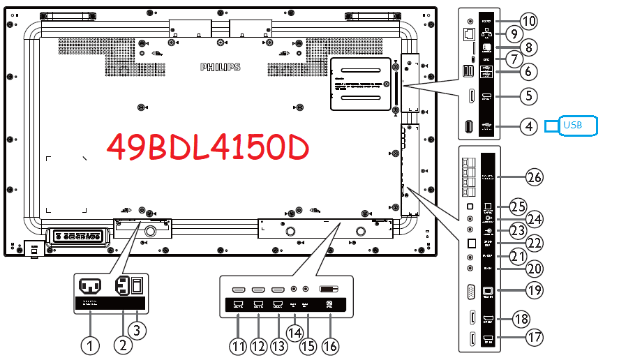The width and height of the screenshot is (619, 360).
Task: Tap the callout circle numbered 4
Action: (530, 126)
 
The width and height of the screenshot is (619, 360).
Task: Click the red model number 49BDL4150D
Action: (207, 147)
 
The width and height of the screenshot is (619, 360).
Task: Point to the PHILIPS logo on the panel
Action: (220, 68)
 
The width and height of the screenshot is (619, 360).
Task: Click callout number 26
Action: (534, 177)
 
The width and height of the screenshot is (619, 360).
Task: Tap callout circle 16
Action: (329, 345)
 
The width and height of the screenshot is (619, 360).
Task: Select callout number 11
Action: (239, 345)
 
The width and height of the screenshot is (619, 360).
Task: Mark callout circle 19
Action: (534, 289)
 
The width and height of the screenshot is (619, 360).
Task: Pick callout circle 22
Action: (534, 243)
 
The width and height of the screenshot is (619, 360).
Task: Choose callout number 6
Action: (530, 70)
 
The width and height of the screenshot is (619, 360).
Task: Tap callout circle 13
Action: (278, 345)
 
